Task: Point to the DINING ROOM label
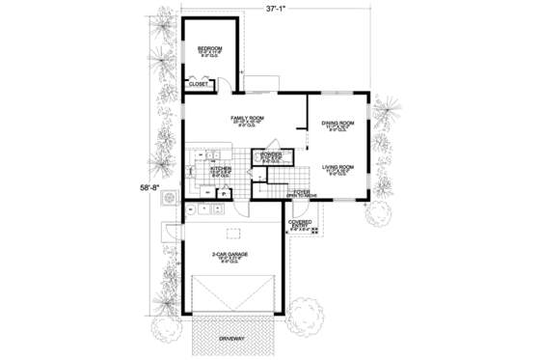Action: pyautogui.click(x=337, y=124)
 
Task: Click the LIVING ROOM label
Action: pyautogui.click(x=337, y=167)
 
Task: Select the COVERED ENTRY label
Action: pyautogui.click(x=300, y=224)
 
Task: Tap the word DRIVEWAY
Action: pyautogui.click(x=232, y=341)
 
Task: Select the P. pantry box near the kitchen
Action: pyautogui.click(x=224, y=193)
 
